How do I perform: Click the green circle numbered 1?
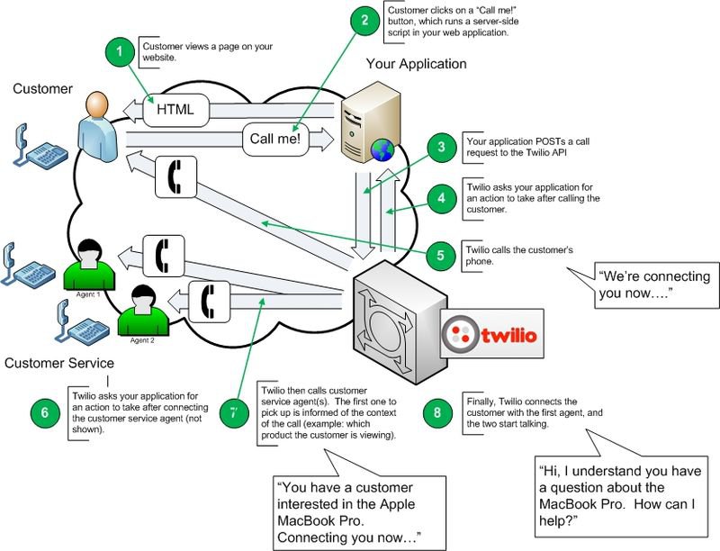[x=119, y=50]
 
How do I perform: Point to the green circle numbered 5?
[x=440, y=255]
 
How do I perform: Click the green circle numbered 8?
[x=438, y=413]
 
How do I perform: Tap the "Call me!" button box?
[x=274, y=140]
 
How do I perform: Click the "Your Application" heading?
[x=416, y=65]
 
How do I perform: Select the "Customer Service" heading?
[x=58, y=363]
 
